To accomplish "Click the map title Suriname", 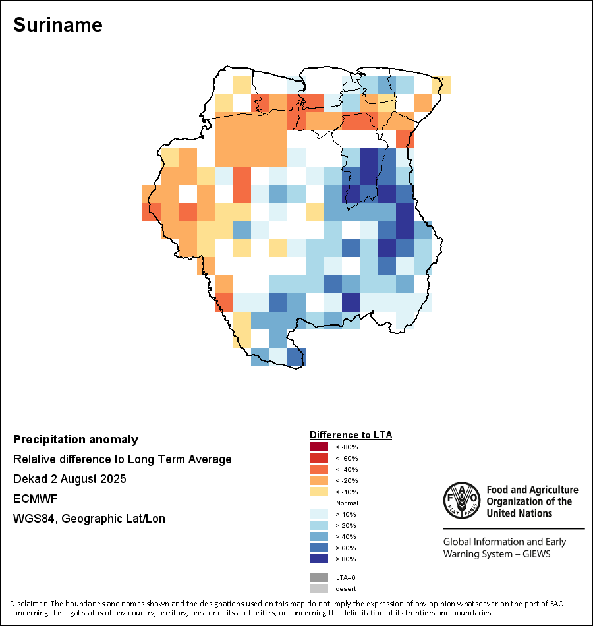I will click(x=58, y=25).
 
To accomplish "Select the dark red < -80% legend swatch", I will click(x=318, y=447).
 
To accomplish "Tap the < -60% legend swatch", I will click(x=318, y=458).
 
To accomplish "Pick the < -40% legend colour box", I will click(x=318, y=469).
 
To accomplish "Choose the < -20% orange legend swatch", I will click(x=318, y=480).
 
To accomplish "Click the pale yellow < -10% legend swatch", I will click(x=318, y=492).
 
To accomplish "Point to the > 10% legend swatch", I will click(x=318, y=514).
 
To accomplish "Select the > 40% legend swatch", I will click(x=318, y=536).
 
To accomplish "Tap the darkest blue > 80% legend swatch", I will click(x=318, y=559).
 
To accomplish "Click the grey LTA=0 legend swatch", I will click(x=318, y=577).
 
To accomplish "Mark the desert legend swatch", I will click(x=318, y=588).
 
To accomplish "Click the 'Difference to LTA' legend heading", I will click(x=351, y=435).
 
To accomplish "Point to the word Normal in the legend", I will click(x=347, y=503).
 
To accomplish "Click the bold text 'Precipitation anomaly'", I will click(x=76, y=440).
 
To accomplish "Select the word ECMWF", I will click(x=32, y=499).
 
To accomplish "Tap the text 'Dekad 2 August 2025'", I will click(x=69, y=479).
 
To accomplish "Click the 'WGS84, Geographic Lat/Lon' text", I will click(x=89, y=519).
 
